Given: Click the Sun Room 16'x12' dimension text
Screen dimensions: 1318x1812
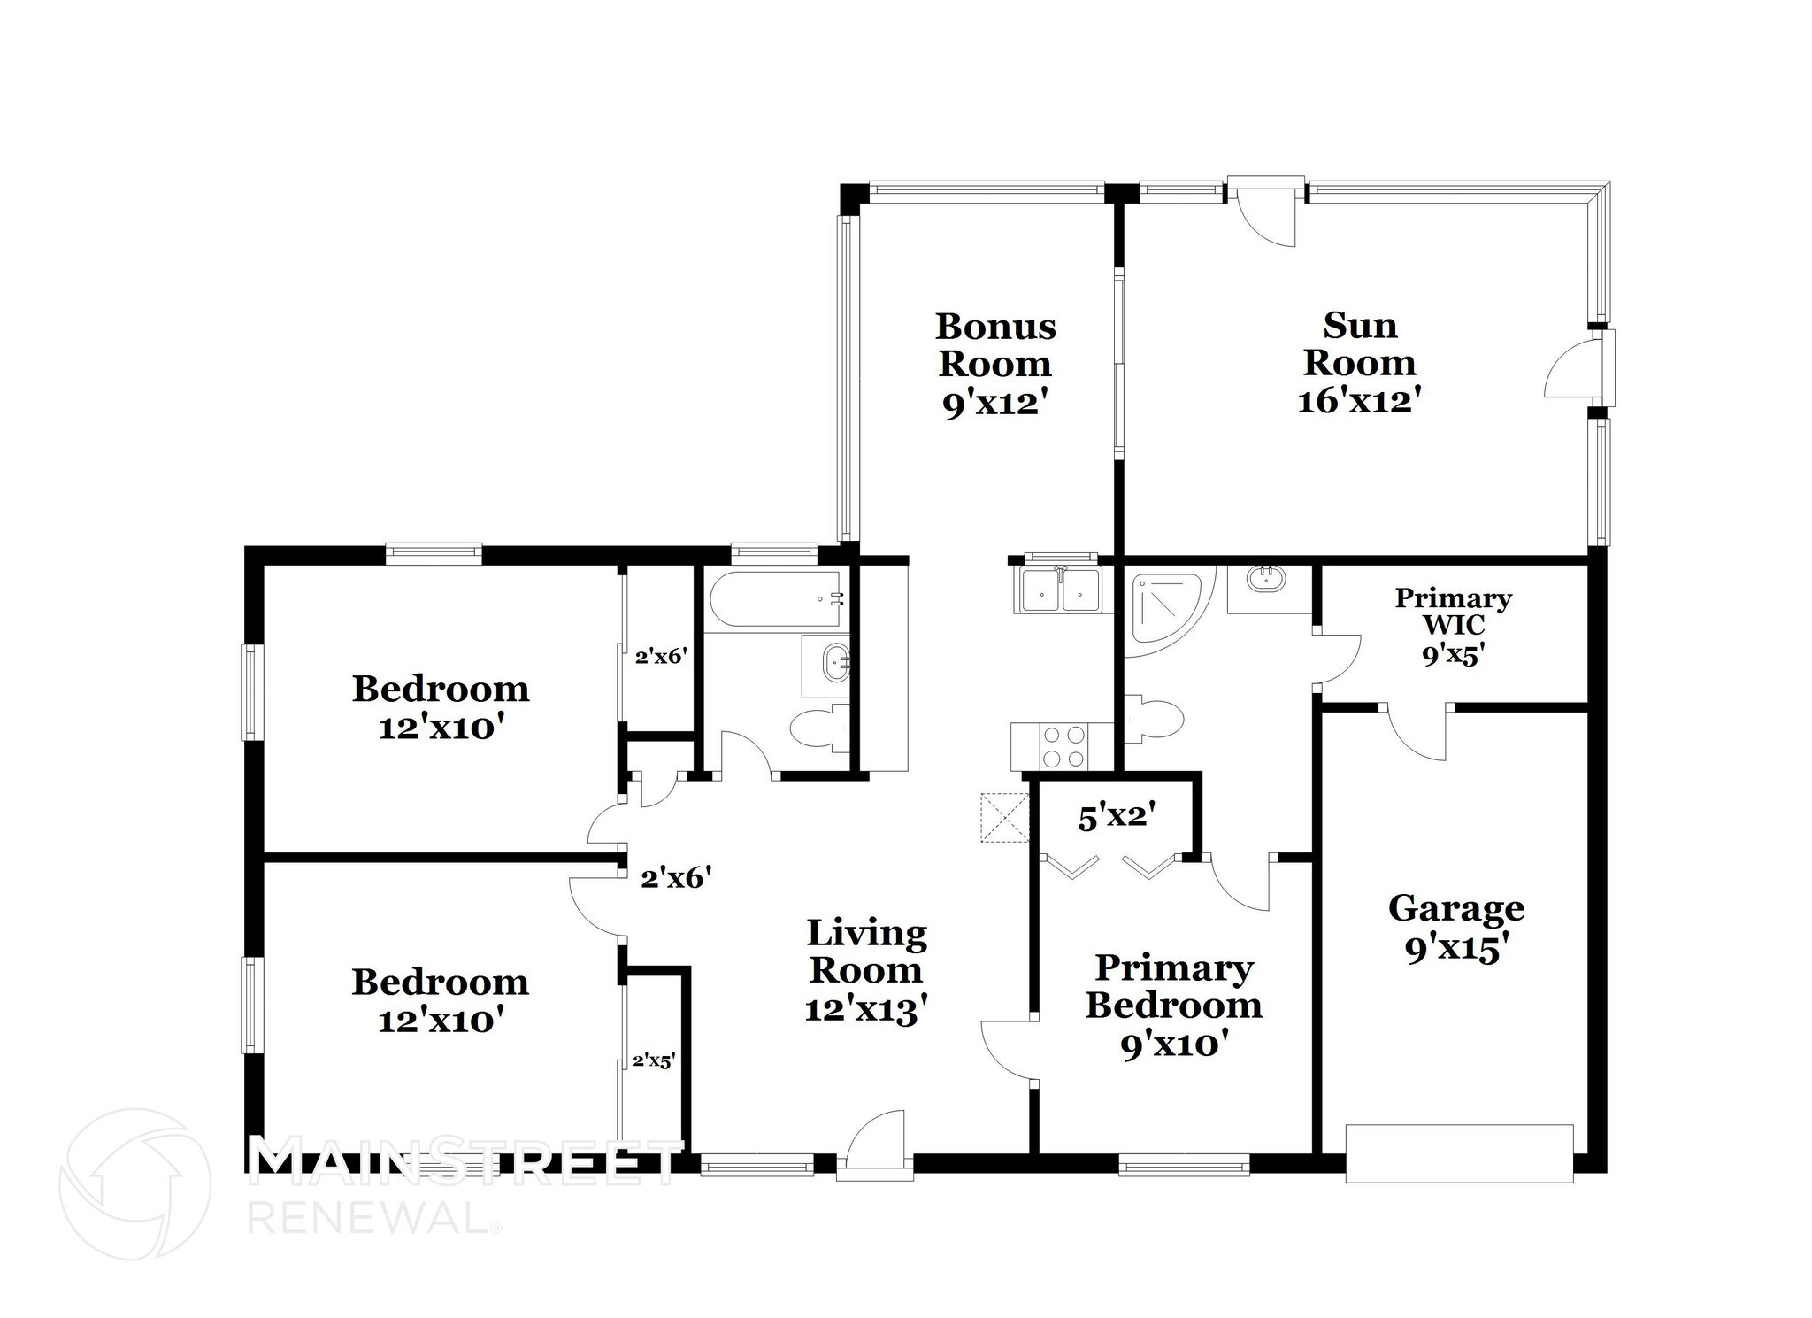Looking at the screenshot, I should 1359,401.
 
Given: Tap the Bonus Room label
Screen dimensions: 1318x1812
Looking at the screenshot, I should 995,345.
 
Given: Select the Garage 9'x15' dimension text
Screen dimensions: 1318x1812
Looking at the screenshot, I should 1455,949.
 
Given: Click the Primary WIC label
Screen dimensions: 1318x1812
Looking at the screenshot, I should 1453,611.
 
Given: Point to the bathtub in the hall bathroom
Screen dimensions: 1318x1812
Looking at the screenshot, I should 776,599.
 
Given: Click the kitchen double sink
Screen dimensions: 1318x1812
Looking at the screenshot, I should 1061,590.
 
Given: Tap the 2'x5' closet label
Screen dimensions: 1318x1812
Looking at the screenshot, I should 654,1060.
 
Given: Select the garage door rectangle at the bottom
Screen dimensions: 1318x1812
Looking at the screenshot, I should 1459,1152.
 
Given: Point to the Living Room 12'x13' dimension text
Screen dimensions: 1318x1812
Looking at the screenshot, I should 865,1009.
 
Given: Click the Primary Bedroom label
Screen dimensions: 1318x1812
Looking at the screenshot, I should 1173,986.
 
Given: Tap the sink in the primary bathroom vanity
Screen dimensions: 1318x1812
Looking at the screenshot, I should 1266,580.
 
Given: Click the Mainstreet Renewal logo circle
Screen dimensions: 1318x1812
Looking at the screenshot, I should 135,1183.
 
